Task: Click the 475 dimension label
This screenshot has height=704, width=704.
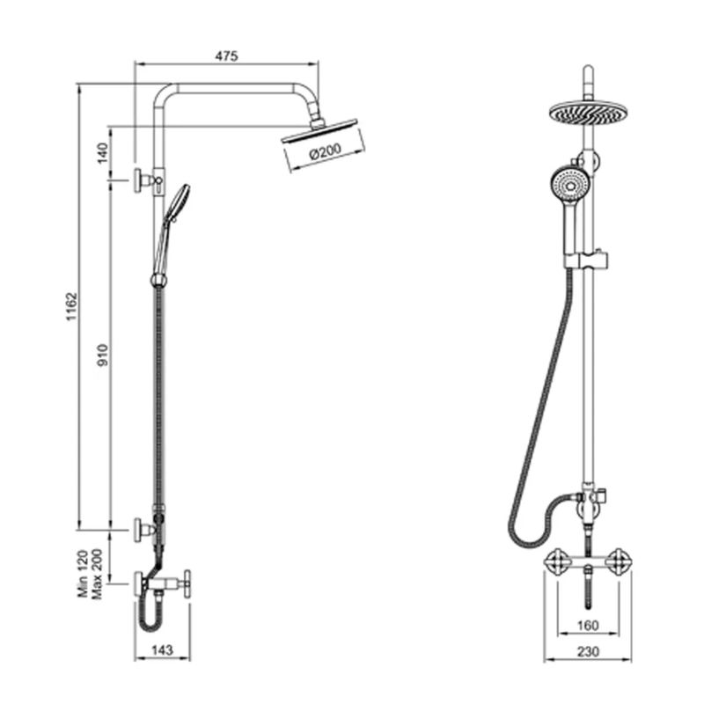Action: (x=226, y=56)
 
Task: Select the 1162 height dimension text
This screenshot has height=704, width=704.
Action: (x=72, y=306)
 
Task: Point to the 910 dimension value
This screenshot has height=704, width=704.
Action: (x=103, y=355)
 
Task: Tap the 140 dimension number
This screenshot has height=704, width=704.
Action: (x=103, y=152)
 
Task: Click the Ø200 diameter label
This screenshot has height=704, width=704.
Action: (x=326, y=151)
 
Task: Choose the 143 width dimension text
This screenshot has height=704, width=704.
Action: (x=162, y=649)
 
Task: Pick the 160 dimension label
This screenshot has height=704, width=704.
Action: (x=587, y=625)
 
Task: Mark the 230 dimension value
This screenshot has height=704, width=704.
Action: (x=587, y=650)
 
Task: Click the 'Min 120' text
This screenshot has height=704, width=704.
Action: (x=83, y=574)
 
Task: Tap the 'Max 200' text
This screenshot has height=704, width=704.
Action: (x=97, y=574)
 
